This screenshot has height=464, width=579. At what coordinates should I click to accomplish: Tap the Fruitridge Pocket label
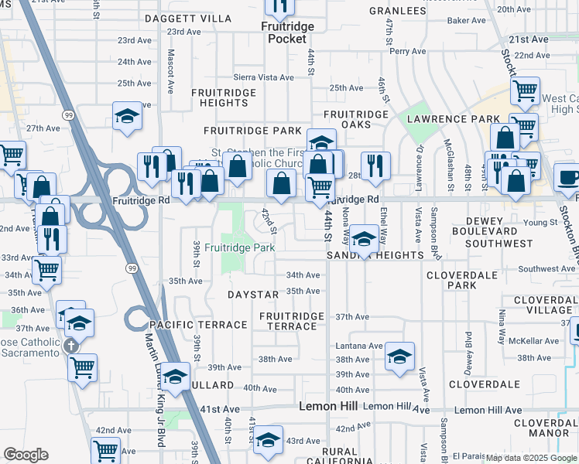tap(286, 32)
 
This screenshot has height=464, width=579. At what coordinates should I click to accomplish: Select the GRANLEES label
tap(398, 11)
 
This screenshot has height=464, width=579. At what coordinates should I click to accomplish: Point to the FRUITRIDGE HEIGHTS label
tap(219, 97)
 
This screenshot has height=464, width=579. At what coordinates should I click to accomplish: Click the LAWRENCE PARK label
tap(454, 118)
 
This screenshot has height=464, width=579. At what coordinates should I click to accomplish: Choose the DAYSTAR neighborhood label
tap(252, 295)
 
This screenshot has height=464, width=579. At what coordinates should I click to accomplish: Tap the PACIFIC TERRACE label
tap(198, 325)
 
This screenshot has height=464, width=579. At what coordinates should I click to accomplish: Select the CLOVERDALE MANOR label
tap(545, 428)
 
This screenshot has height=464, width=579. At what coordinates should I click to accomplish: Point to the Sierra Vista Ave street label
tap(264, 77)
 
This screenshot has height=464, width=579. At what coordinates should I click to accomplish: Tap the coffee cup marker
tap(568, 177)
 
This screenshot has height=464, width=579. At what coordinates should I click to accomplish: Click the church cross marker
tap(71, 345)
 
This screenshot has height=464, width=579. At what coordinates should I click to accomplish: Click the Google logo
tap(26, 455)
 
